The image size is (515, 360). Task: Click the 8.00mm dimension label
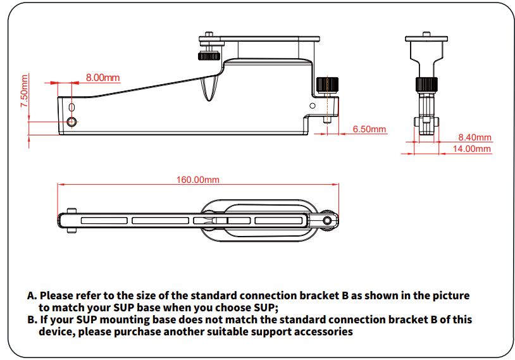(102, 77)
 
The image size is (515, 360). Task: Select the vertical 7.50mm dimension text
(24, 92)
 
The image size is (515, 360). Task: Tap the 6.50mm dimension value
(369, 129)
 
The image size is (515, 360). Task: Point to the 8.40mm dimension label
(475, 137)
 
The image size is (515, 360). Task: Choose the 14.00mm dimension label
(472, 149)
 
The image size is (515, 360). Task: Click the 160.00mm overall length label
(197, 180)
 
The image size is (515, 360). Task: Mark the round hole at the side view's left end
(72, 121)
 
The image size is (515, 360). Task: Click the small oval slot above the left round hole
(72, 106)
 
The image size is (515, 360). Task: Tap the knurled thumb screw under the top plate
(208, 58)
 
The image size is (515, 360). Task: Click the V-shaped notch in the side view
(209, 89)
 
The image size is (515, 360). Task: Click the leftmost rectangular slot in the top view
(102, 221)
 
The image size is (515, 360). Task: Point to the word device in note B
(56, 332)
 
